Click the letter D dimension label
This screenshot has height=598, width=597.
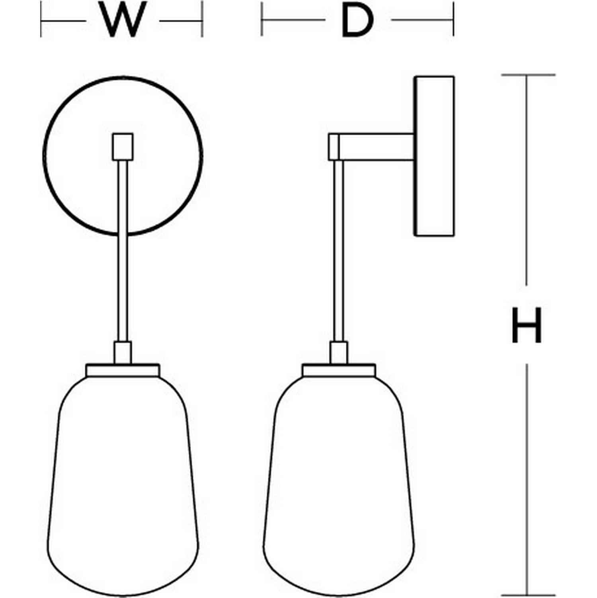tap(357, 20)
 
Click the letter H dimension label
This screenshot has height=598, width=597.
tap(527, 325)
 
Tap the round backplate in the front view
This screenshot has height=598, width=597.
tap(123, 156)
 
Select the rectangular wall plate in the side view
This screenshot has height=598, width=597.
tap(434, 156)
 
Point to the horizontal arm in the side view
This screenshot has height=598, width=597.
tap(376, 147)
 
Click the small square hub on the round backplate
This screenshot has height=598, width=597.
tap(123, 147)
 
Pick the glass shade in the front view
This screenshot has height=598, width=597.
tap(123, 486)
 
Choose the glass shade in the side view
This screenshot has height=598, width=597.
tap(339, 486)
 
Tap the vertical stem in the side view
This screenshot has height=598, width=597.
tap(338, 251)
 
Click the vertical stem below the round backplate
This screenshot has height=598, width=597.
tap(123, 251)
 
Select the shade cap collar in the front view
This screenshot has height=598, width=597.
tap(123, 370)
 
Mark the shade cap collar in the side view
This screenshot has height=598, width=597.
tap(339, 370)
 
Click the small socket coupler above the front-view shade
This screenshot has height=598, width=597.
tap(123, 353)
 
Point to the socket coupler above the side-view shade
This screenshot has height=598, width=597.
tap(339, 353)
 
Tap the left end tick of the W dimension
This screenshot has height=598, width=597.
tap(41, 20)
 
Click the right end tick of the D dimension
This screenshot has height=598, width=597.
tap(453, 20)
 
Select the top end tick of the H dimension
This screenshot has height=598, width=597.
tap(528, 75)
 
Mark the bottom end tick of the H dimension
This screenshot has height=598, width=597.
tap(528, 595)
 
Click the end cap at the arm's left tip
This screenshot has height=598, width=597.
tap(334, 147)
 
